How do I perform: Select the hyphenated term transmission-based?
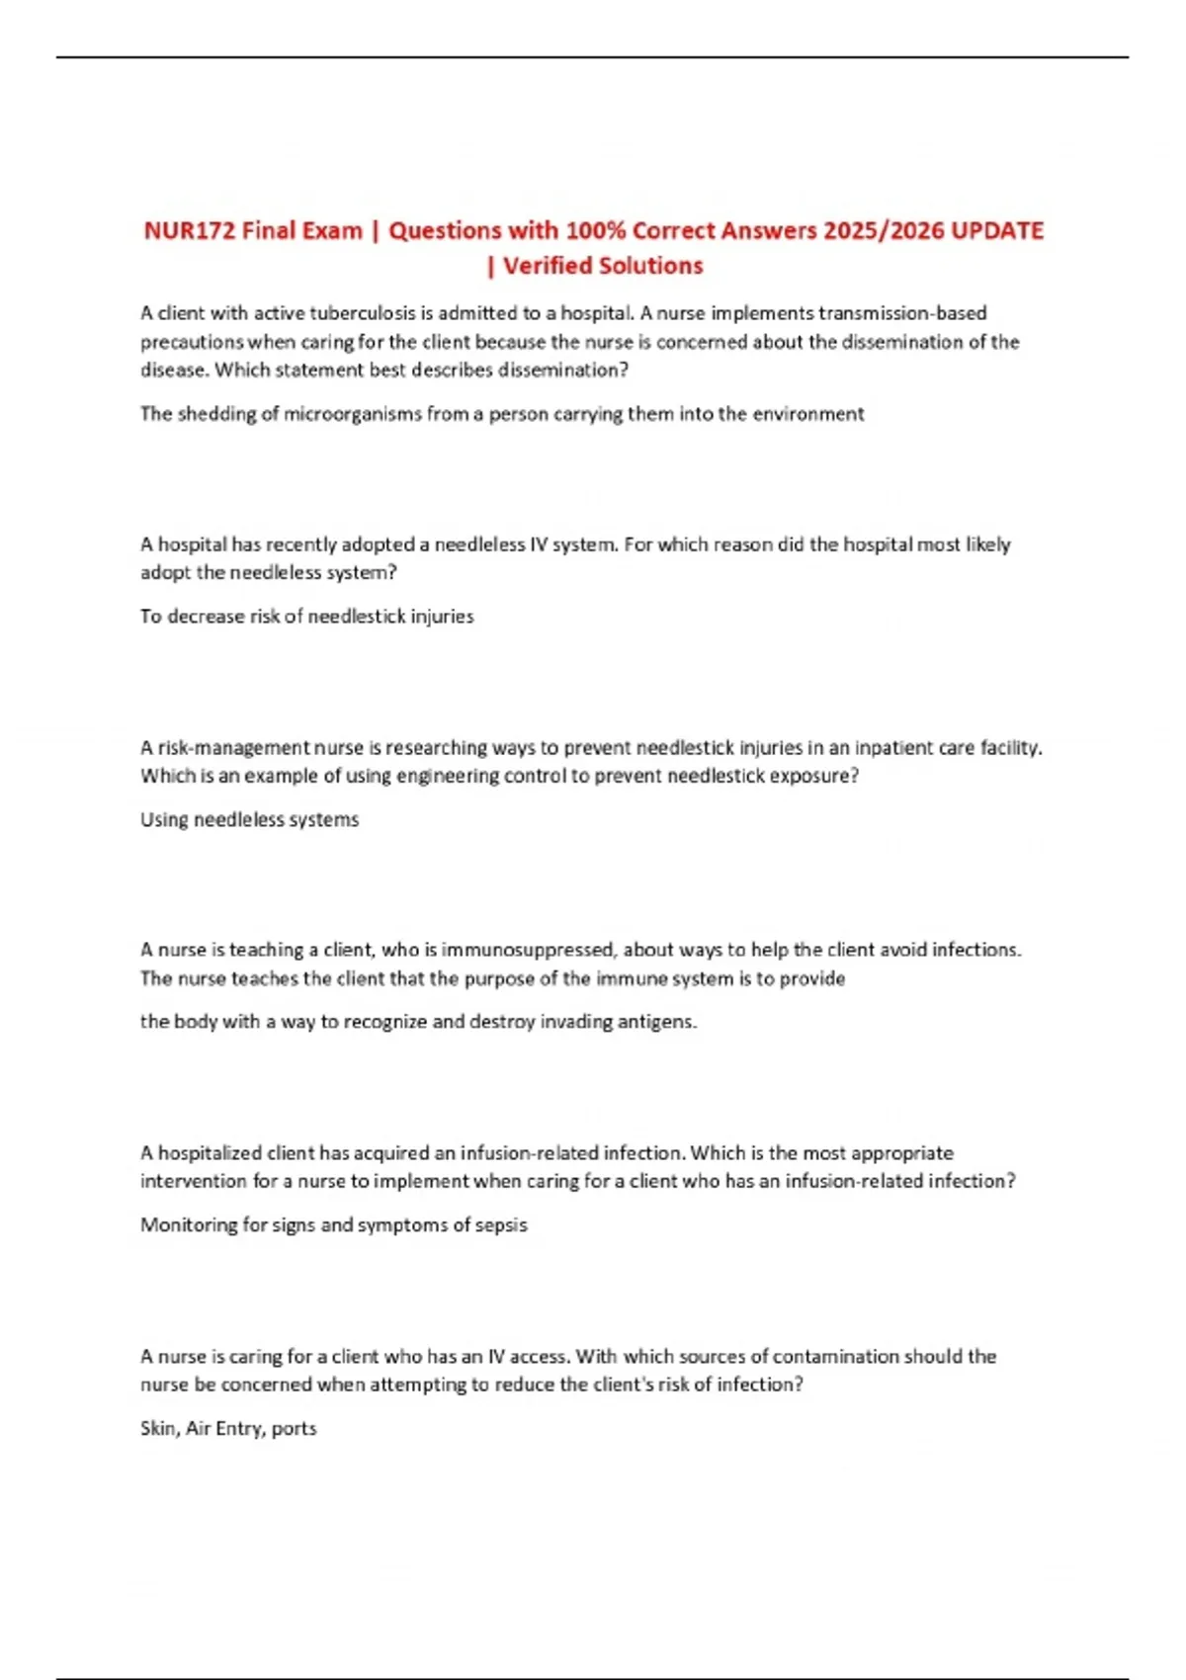tap(902, 313)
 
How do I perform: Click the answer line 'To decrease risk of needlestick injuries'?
tap(306, 617)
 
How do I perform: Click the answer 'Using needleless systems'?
tap(249, 819)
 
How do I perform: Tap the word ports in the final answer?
tap(294, 1429)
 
